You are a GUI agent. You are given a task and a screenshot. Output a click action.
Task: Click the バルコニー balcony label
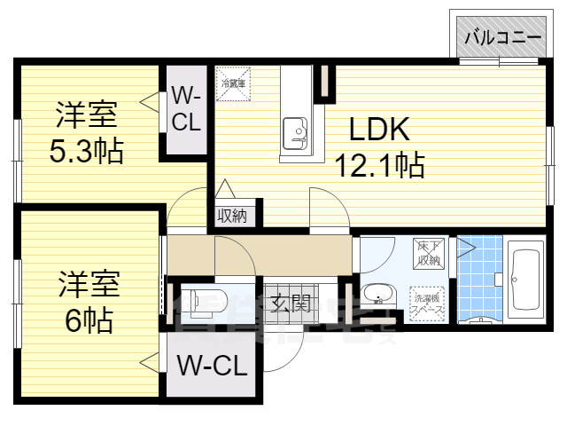point(502,37)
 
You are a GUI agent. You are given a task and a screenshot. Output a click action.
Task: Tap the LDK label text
point(378,130)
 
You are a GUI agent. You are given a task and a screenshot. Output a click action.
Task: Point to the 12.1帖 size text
point(378,164)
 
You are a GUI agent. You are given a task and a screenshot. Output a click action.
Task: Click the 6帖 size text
point(86,319)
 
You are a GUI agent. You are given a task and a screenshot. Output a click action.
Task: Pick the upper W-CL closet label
point(185,108)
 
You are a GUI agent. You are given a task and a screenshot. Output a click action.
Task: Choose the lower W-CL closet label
point(211,366)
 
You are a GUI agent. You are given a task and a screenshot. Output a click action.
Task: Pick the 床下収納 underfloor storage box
point(429,254)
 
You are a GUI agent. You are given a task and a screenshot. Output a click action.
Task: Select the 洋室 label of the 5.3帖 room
point(86,115)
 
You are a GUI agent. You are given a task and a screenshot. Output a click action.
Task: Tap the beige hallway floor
point(266,254)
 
